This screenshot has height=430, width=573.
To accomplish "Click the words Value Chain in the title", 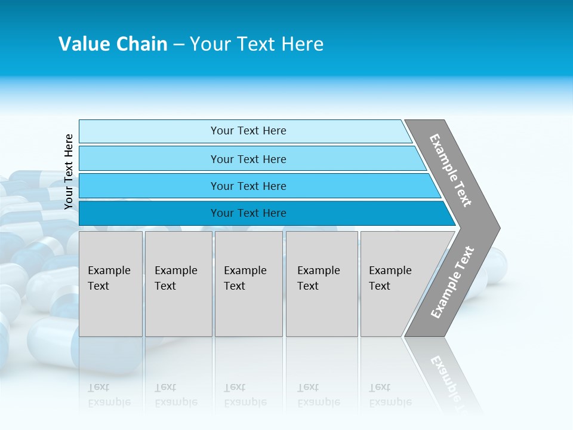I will coord(113,44).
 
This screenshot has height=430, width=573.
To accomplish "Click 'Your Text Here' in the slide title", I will coord(257,44).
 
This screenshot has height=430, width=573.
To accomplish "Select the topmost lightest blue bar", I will coord(149,131).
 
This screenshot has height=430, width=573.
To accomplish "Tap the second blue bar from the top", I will coord(149,159).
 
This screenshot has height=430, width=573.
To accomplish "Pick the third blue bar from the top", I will coord(149,186).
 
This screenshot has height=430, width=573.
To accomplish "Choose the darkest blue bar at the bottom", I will coord(149,213).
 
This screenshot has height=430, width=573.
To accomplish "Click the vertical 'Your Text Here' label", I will coord(69,171).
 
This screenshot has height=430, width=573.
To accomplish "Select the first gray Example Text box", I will coord(110,284).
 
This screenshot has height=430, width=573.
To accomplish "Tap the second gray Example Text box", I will coord(178,284).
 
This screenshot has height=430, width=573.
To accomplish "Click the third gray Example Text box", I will coord(248,284).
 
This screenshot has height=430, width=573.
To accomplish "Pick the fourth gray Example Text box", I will coord(321,284).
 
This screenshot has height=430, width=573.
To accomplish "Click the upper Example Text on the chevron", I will coord(451,170).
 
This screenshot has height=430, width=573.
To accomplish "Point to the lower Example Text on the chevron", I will coord(452,282).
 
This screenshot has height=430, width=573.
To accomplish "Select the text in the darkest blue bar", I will coord(248,213).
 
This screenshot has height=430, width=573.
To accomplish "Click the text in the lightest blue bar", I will coord(248,131).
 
